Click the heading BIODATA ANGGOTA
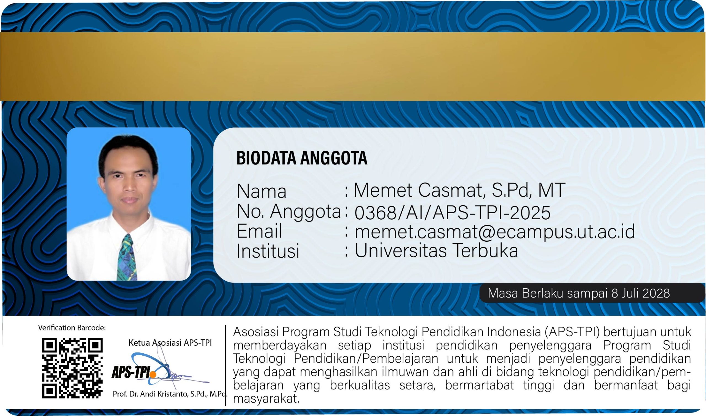coord(302,158)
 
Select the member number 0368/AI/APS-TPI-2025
coord(453,213)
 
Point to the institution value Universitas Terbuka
coord(437,250)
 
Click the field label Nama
coord(261,191)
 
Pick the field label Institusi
coord(268,250)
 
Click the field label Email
coord(259,231)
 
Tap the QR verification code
coord(72,368)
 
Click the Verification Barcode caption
coord(72,328)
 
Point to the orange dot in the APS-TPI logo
coord(153,374)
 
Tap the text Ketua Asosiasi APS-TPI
coord(170,343)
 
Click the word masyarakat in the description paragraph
coord(266,399)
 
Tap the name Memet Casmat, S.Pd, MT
coord(459,190)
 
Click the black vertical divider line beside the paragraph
coord(226,365)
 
